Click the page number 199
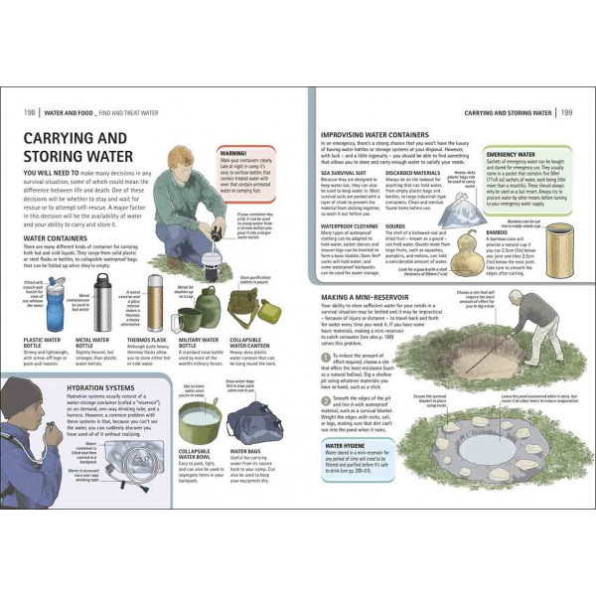pyautogui.click(x=566, y=111)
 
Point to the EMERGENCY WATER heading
pyautogui.click(x=512, y=155)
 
